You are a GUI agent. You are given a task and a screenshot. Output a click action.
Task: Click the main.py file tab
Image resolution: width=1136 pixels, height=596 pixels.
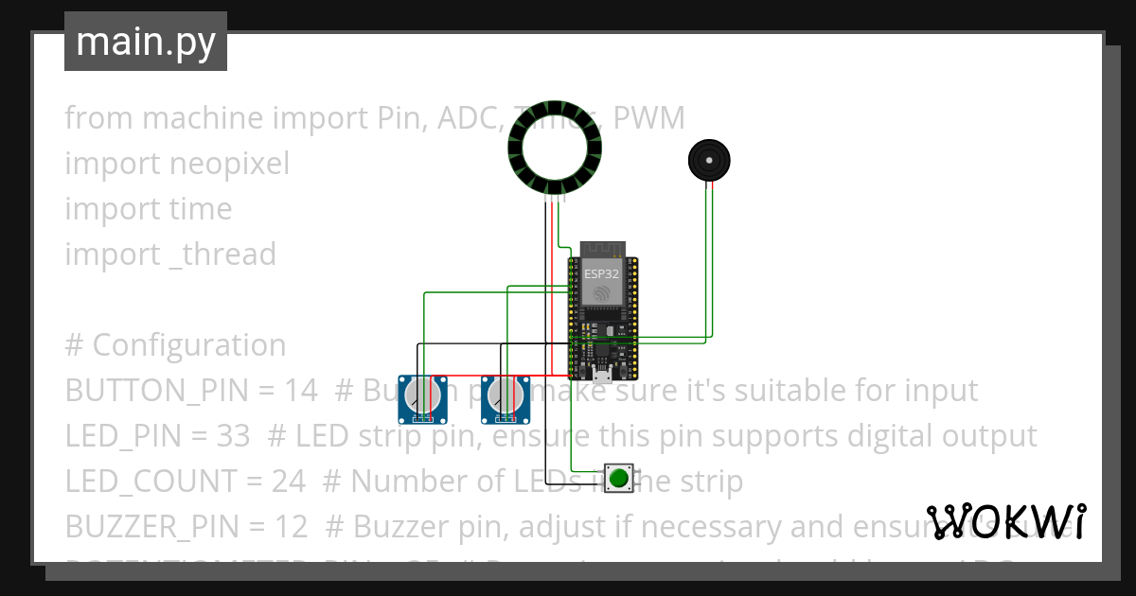146,42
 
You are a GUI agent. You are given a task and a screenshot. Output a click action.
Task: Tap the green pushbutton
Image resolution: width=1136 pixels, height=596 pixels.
618,478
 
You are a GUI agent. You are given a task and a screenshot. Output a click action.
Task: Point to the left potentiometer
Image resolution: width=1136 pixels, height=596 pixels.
422,399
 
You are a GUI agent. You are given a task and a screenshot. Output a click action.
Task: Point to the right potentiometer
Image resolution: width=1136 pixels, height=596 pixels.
505,399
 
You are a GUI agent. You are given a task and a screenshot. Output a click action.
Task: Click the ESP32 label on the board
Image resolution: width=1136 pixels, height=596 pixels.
602,273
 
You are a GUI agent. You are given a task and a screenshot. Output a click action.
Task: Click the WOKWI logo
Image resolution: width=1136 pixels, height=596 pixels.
1005,521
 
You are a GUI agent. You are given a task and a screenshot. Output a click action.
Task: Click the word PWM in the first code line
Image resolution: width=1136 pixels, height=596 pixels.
649,118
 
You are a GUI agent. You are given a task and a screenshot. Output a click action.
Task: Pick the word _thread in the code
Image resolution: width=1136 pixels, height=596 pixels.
222,254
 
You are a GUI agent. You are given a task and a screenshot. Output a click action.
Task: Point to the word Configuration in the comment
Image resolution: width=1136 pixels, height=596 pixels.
189,345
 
